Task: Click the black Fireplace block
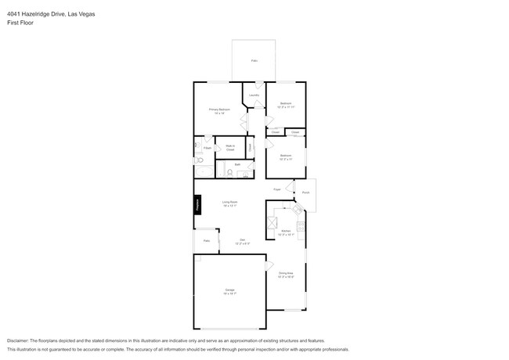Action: (x=197, y=203)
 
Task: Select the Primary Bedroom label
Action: (x=218, y=110)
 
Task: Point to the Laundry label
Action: (x=254, y=95)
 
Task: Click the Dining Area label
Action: (x=286, y=274)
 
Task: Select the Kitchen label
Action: (x=286, y=231)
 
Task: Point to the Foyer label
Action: (x=277, y=189)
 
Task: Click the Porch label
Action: (x=306, y=193)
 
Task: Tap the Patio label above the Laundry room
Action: (x=254, y=60)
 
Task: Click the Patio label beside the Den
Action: (x=207, y=241)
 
